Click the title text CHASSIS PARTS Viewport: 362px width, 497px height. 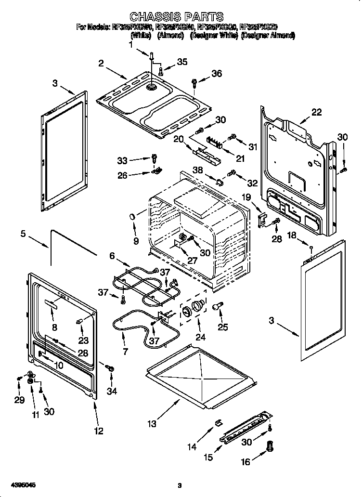pos(177,18)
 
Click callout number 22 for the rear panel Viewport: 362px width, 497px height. pos(316,112)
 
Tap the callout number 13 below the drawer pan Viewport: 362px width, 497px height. pos(152,424)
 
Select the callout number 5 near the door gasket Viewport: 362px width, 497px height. pos(23,235)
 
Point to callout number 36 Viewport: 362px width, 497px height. pos(217,74)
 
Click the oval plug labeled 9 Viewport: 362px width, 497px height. pos(131,218)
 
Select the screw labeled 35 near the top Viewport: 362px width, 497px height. pos(161,71)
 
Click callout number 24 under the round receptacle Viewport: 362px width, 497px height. pos(200,337)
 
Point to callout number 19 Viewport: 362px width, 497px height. pos(246,196)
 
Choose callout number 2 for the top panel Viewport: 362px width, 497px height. pos(101,63)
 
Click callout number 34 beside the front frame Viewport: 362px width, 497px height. pos(111,391)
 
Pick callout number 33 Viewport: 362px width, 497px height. pos(123,160)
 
